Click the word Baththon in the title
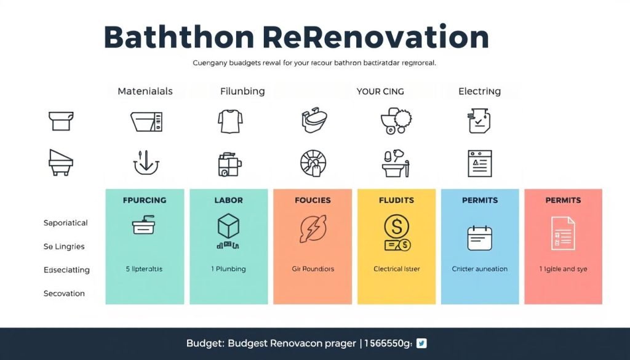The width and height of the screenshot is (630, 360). [x=178, y=38]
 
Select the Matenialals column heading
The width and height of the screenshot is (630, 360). [x=145, y=91]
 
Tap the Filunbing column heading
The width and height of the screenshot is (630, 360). [x=242, y=91]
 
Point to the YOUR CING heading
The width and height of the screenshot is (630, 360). [x=380, y=91]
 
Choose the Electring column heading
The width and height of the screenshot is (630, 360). [x=479, y=91]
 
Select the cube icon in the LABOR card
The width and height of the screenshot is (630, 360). [x=228, y=226]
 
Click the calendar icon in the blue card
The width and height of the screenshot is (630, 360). [x=480, y=238]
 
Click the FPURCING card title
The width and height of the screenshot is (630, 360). [x=145, y=200]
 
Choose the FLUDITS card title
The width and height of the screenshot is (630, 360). [x=396, y=200]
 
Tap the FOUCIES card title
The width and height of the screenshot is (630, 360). [x=313, y=200]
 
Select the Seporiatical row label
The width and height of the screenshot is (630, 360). [x=65, y=223]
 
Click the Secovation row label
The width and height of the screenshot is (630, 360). [x=64, y=294]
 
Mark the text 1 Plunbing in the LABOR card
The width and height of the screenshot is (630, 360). [x=228, y=269]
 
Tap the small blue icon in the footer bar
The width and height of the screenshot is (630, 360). [x=421, y=343]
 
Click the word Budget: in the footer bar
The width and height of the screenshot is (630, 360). [x=204, y=343]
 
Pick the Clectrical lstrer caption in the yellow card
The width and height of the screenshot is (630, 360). [x=396, y=269]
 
